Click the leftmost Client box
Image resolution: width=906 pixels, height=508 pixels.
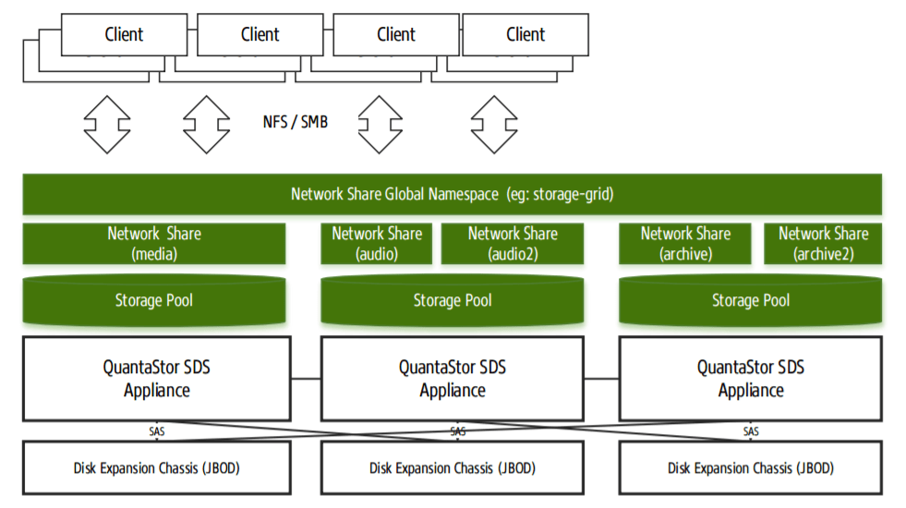pyautogui.click(x=123, y=35)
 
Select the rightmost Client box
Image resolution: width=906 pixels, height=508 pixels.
pyautogui.click(x=525, y=35)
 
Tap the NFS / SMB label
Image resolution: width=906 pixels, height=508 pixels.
pyautogui.click(x=295, y=122)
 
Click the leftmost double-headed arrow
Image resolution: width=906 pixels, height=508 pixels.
pyautogui.click(x=107, y=124)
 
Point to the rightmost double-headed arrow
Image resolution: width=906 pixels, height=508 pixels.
pyautogui.click(x=494, y=124)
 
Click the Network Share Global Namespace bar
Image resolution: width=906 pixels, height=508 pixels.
pyautogui.click(x=452, y=194)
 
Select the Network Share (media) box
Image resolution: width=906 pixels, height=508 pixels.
pyautogui.click(x=153, y=244)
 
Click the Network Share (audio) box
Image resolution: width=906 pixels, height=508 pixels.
pyautogui.click(x=376, y=244)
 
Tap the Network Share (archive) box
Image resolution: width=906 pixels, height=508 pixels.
pyautogui.click(x=685, y=244)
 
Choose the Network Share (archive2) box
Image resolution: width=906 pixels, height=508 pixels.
pyautogui.click(x=823, y=244)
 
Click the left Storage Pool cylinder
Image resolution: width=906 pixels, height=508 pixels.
pyautogui.click(x=153, y=300)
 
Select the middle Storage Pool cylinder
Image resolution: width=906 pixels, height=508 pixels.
pyautogui.click(x=452, y=300)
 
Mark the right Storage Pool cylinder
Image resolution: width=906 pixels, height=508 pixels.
pyautogui.click(x=750, y=300)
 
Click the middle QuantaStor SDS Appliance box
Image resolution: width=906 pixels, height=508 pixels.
pyautogui.click(x=452, y=379)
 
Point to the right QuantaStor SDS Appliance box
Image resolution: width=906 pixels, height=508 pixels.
pyautogui.click(x=750, y=379)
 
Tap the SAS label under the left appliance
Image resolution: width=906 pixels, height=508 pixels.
pyautogui.click(x=157, y=431)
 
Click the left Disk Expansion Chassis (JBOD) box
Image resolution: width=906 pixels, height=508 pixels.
pyautogui.click(x=153, y=468)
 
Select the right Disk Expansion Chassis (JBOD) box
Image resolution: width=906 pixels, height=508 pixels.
pyautogui.click(x=750, y=468)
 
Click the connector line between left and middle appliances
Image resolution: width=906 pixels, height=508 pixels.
pyautogui.click(x=305, y=378)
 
